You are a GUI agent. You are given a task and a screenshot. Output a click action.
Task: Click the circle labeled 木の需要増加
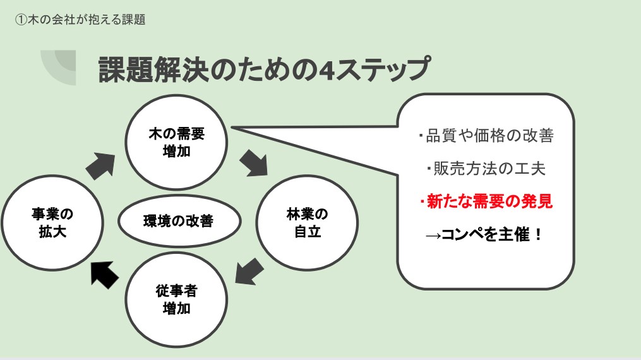[x=176, y=143]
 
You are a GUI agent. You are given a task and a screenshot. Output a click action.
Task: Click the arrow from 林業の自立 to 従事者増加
[x=249, y=272]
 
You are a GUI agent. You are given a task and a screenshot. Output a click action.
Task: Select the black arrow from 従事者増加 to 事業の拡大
[x=104, y=273]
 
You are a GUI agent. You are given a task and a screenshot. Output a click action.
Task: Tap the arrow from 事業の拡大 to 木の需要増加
[x=100, y=165]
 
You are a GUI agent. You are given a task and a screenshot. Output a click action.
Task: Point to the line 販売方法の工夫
[x=486, y=169]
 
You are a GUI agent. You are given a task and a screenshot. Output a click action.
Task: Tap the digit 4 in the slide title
[x=326, y=70]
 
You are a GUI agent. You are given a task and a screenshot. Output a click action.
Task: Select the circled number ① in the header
[x=21, y=20]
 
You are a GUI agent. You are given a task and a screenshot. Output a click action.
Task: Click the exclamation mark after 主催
[x=537, y=235]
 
